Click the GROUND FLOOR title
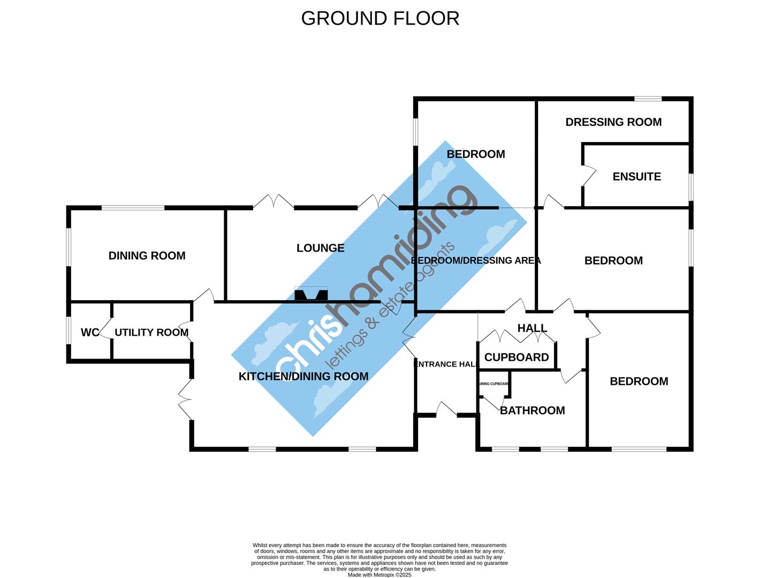[380, 18]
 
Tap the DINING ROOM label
[147, 256]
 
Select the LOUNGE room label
[320, 248]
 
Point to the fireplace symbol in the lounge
[311, 294]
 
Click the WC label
[89, 332]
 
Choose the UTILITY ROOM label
[151, 332]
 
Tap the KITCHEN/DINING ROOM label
[303, 376]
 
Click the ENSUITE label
[636, 177]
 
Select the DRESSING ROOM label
[613, 122]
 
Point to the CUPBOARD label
[517, 358]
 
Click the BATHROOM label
[532, 410]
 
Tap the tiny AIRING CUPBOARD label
[494, 384]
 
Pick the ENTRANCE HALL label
[446, 364]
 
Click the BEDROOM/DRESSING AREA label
[476, 261]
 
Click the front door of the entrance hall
[446, 409]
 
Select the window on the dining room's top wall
[133, 208]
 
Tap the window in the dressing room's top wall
[648, 98]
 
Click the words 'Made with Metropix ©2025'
[379, 575]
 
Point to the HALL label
[532, 328]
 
